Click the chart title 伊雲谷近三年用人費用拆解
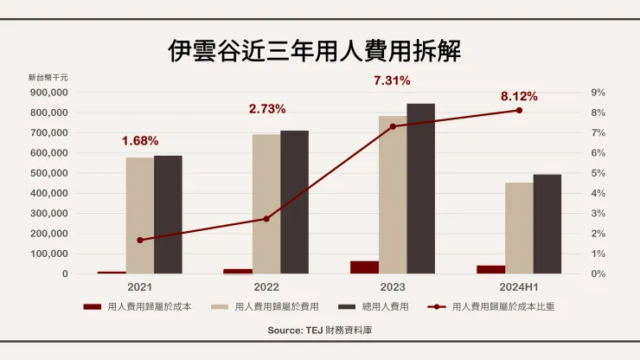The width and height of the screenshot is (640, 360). tap(319, 49)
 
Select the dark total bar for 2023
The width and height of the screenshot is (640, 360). tap(420, 189)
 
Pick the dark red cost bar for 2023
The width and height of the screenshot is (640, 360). tap(364, 267)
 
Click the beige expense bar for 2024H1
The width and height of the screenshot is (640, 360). tap(519, 228)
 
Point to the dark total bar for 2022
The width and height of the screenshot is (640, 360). tap(294, 202)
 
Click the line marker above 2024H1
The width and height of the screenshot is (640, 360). tap(519, 110)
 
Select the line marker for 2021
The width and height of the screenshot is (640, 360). tap(139, 240)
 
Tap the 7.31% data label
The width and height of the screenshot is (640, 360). tap(392, 80)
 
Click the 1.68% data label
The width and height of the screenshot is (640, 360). tap(140, 140)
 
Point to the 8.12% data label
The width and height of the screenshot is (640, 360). tap(519, 96)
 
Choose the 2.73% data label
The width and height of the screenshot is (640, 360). tap(266, 109)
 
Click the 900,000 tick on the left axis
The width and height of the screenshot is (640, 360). tap(48, 93)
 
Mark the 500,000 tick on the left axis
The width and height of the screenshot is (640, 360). tap(48, 173)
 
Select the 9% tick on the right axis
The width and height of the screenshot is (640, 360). tap(597, 93)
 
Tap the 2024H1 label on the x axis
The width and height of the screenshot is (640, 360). tap(519, 286)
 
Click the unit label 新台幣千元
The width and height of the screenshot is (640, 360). tap(48, 78)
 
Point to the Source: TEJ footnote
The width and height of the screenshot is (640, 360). tap(319, 331)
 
